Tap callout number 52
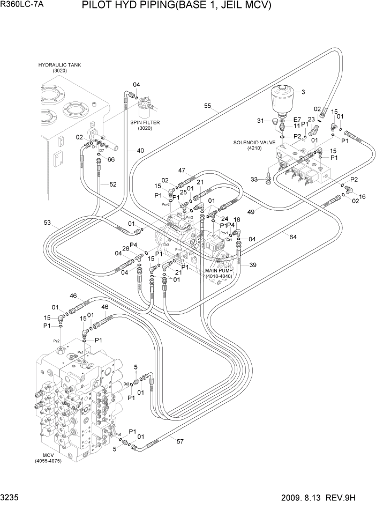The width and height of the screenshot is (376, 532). (113, 184)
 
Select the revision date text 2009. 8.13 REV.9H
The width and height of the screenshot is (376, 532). (325, 498)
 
